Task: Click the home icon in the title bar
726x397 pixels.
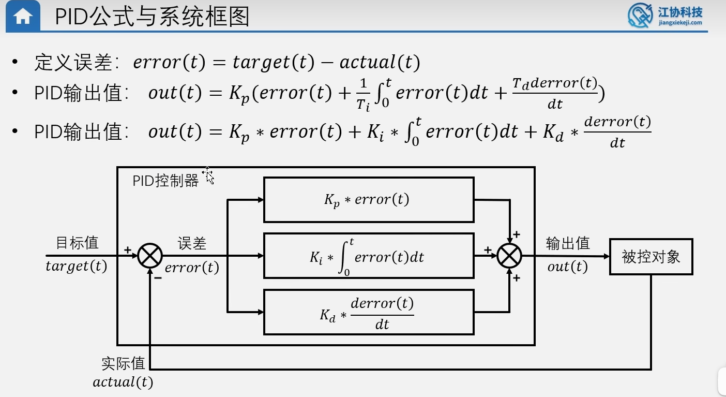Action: point(22,17)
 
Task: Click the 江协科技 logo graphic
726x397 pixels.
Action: point(640,16)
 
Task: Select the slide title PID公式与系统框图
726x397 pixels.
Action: point(152,17)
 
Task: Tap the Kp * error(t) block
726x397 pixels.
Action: point(368,200)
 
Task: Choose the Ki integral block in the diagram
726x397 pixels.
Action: point(368,256)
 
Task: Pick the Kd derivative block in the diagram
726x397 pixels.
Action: point(368,312)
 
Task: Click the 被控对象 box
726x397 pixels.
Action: point(651,256)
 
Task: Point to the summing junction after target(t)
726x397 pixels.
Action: point(150,256)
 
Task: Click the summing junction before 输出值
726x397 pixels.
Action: point(509,256)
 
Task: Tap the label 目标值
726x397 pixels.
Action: point(77,243)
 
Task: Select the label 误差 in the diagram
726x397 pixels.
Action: point(192,244)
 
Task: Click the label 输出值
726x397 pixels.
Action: point(568,243)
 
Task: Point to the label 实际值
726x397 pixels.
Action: point(123,363)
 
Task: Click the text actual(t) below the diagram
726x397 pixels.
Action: point(123,383)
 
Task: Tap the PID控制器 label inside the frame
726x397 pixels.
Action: point(165,181)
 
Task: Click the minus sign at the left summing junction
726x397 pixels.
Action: point(158,277)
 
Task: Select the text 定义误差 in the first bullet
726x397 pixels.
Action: point(73,63)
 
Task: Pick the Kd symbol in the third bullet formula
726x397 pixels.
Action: point(553,133)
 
